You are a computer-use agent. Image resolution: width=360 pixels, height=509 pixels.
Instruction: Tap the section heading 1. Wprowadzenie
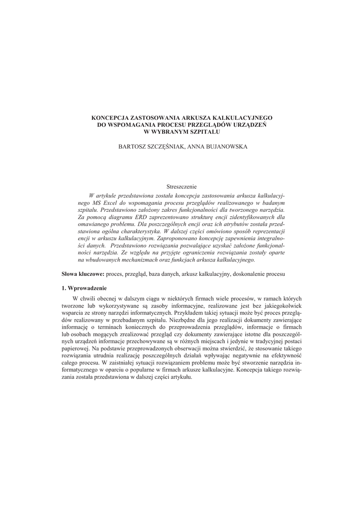coord(84,288)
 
